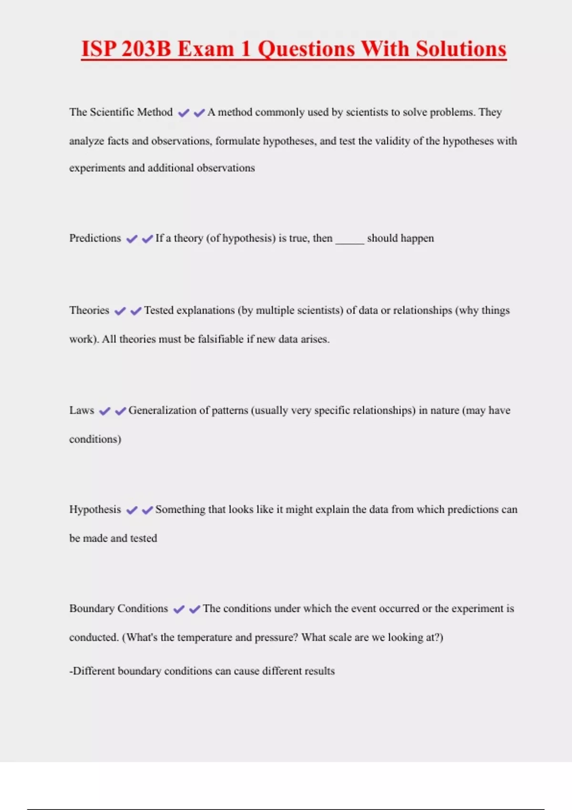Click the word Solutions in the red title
click(461, 49)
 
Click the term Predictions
click(95, 238)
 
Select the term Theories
click(89, 310)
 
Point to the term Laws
click(82, 410)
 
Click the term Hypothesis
click(95, 509)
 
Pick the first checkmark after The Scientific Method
click(184, 113)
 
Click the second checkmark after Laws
click(121, 411)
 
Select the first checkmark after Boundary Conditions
click(179, 609)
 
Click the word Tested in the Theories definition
click(159, 310)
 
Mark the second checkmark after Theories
click(136, 311)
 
